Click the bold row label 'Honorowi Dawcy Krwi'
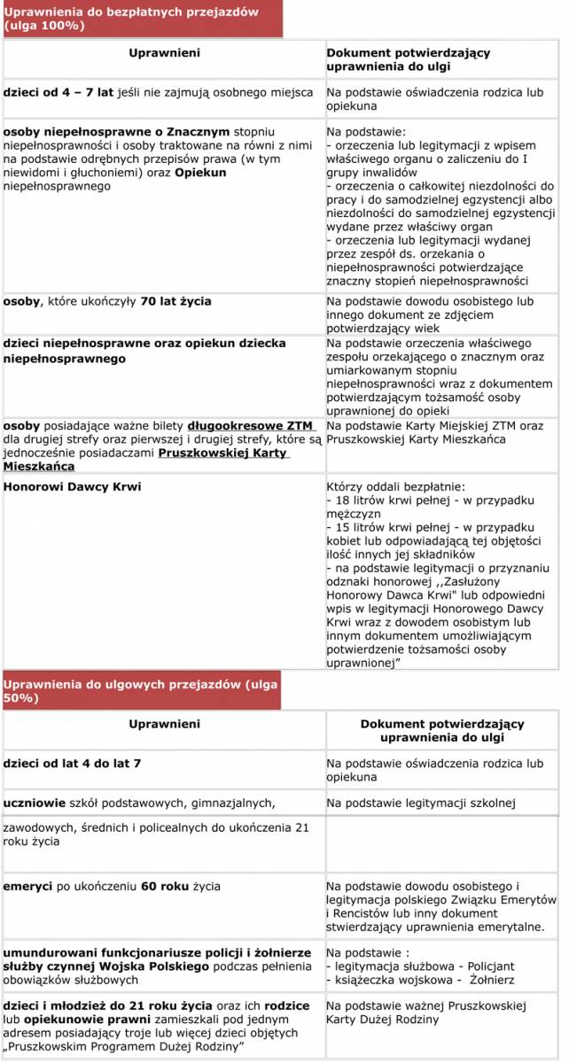(72, 486)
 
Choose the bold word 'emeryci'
(28, 886)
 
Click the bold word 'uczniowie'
(35, 803)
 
